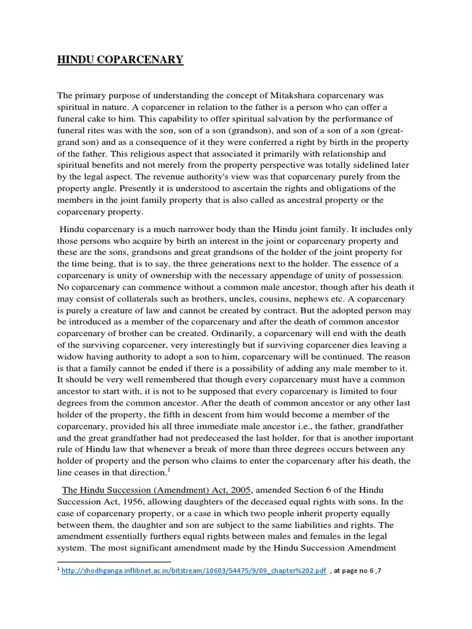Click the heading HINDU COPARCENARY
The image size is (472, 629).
point(120,60)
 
